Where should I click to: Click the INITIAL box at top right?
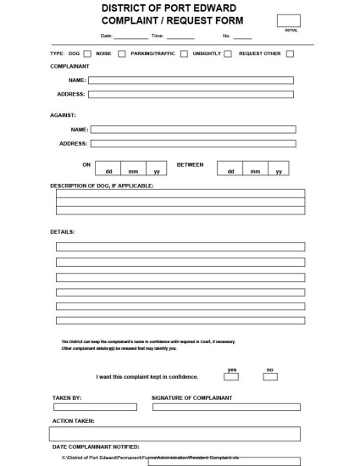[288, 20]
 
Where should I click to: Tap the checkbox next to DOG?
[86, 53]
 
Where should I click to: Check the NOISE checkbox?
[122, 53]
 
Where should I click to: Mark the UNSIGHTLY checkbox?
[229, 53]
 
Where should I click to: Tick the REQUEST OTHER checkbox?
[290, 53]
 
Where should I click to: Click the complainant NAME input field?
[191, 80]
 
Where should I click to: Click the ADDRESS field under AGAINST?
[193, 143]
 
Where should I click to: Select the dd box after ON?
[108, 167]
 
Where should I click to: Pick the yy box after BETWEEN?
[278, 167]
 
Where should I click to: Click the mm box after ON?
[133, 167]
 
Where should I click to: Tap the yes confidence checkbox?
[232, 376]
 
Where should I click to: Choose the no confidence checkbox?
[270, 376]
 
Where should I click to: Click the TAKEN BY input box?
[94, 407]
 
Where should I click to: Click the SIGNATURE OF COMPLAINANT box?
[226, 407]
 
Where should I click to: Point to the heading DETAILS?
[63, 231]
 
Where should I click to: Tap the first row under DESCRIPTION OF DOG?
[180, 193]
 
